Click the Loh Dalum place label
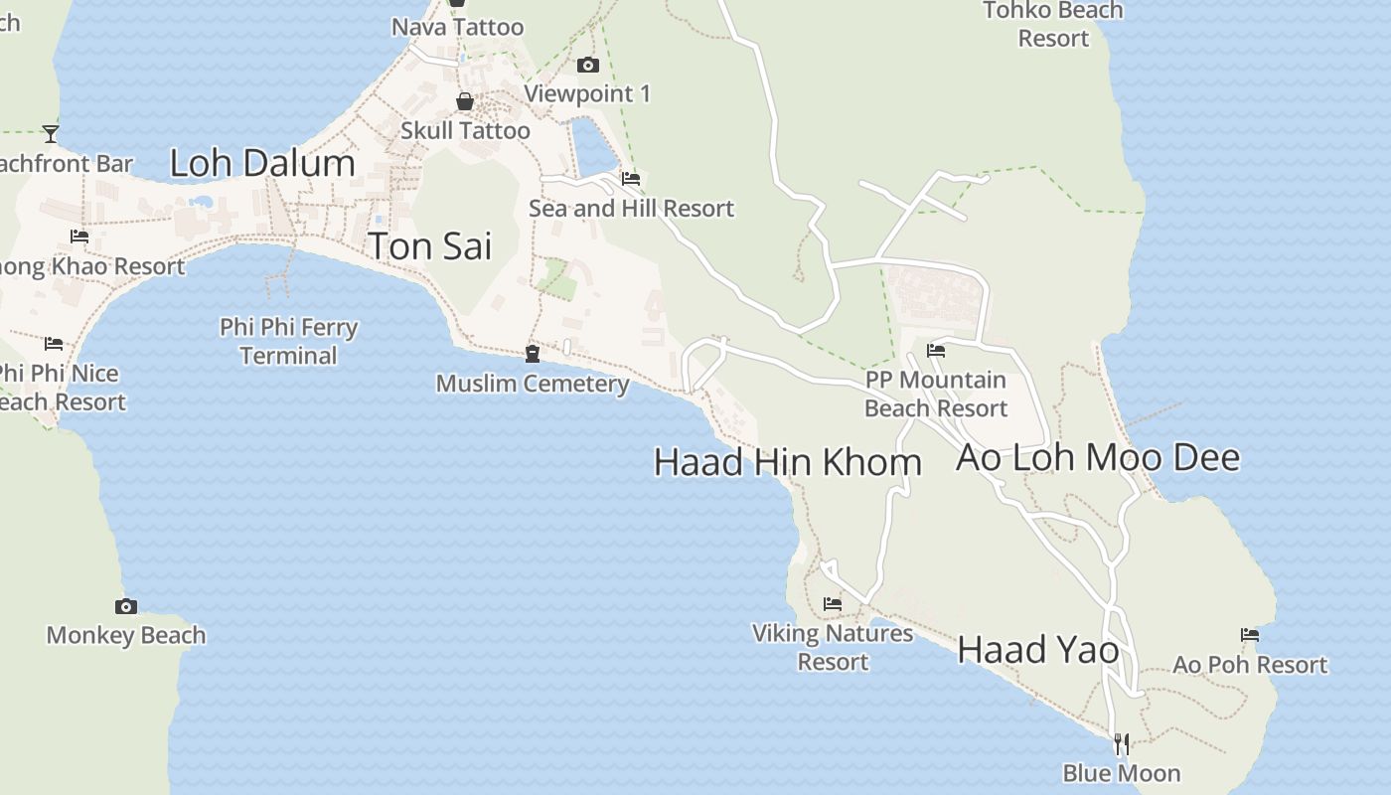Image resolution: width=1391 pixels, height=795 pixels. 262,163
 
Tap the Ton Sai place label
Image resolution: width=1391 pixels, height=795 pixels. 430,245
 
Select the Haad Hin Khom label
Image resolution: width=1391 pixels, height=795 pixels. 788,462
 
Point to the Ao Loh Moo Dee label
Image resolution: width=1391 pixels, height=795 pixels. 1098,457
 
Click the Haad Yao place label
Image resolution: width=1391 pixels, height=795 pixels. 1038,650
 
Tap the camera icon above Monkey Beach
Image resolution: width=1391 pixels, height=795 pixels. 126,606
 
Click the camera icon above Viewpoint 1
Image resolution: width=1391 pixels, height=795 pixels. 588,66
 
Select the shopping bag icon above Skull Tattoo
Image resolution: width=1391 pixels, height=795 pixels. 464,101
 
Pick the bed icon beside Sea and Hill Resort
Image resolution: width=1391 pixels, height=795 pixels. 631,179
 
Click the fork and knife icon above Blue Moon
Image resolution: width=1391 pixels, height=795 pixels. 1122,743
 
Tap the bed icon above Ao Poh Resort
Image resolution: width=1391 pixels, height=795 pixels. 1250,635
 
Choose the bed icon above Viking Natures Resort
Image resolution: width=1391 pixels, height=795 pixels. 833,603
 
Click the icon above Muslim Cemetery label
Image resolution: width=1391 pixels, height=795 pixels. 533,354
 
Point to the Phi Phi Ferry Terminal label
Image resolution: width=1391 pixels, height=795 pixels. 289,341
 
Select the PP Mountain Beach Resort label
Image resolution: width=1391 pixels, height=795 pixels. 936,394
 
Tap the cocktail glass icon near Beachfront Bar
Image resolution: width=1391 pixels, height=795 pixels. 51,133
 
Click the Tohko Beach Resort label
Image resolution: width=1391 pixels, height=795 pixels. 1053,24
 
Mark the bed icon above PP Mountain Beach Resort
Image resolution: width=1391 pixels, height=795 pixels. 936,350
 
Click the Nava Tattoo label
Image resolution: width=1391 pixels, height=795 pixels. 457,27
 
